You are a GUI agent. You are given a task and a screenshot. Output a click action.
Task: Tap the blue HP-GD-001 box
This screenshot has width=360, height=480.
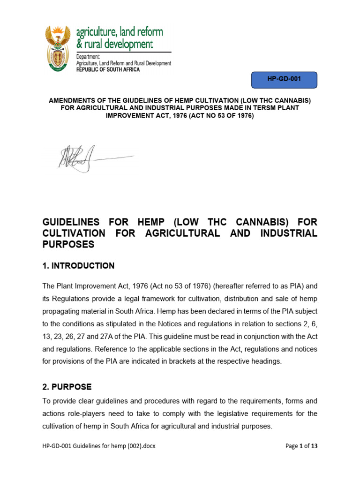(284, 80)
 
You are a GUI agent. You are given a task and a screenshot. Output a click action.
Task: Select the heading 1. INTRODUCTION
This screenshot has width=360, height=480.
(78, 266)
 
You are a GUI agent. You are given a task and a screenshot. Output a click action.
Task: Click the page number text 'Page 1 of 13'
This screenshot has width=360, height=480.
(301, 446)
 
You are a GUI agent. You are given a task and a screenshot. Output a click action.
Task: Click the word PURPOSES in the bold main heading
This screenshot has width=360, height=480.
(68, 244)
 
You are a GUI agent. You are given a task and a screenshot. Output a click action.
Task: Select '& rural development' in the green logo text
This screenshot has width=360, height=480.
(114, 45)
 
